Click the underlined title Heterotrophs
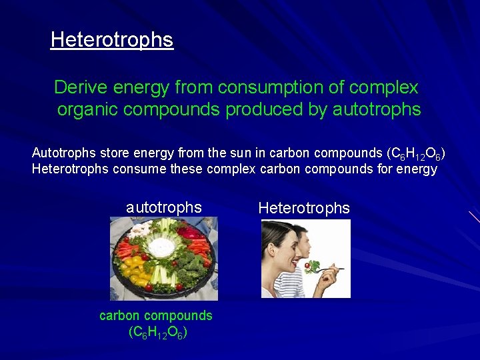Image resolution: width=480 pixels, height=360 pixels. tap(111, 40)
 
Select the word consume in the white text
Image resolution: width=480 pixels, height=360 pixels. tap(136, 169)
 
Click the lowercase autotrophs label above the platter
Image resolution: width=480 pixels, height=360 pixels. tap(164, 207)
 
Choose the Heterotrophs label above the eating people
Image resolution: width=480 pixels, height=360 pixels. tap(304, 208)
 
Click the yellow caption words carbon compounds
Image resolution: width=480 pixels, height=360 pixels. tap(156, 315)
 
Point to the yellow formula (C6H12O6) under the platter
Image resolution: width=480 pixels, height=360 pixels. tap(157, 331)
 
